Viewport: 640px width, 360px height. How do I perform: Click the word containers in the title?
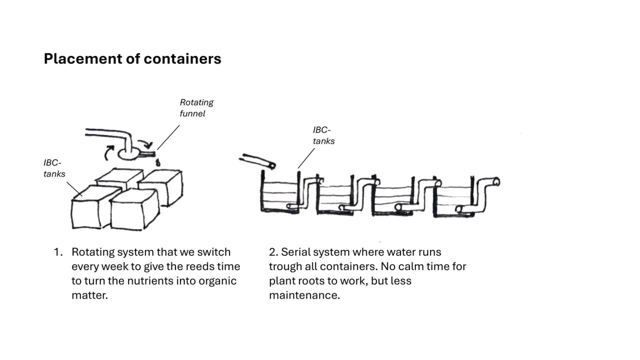182,59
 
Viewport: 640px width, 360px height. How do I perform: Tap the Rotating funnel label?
196,108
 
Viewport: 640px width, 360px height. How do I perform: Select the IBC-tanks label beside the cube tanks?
54,168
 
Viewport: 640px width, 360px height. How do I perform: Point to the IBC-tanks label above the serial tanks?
323,135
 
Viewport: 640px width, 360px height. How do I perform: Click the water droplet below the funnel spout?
157,163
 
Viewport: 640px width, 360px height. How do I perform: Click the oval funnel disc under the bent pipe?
128,154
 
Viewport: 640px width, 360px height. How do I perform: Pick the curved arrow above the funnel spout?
145,144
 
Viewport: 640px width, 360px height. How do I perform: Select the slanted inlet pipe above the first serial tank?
257,161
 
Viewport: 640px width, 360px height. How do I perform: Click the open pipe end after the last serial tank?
496,181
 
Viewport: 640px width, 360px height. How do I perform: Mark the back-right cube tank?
162,187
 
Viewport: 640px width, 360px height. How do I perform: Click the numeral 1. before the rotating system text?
58,252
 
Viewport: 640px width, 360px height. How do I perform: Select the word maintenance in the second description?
304,295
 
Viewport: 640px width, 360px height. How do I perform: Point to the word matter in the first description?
89,295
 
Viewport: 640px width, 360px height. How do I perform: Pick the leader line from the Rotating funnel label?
168,137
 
